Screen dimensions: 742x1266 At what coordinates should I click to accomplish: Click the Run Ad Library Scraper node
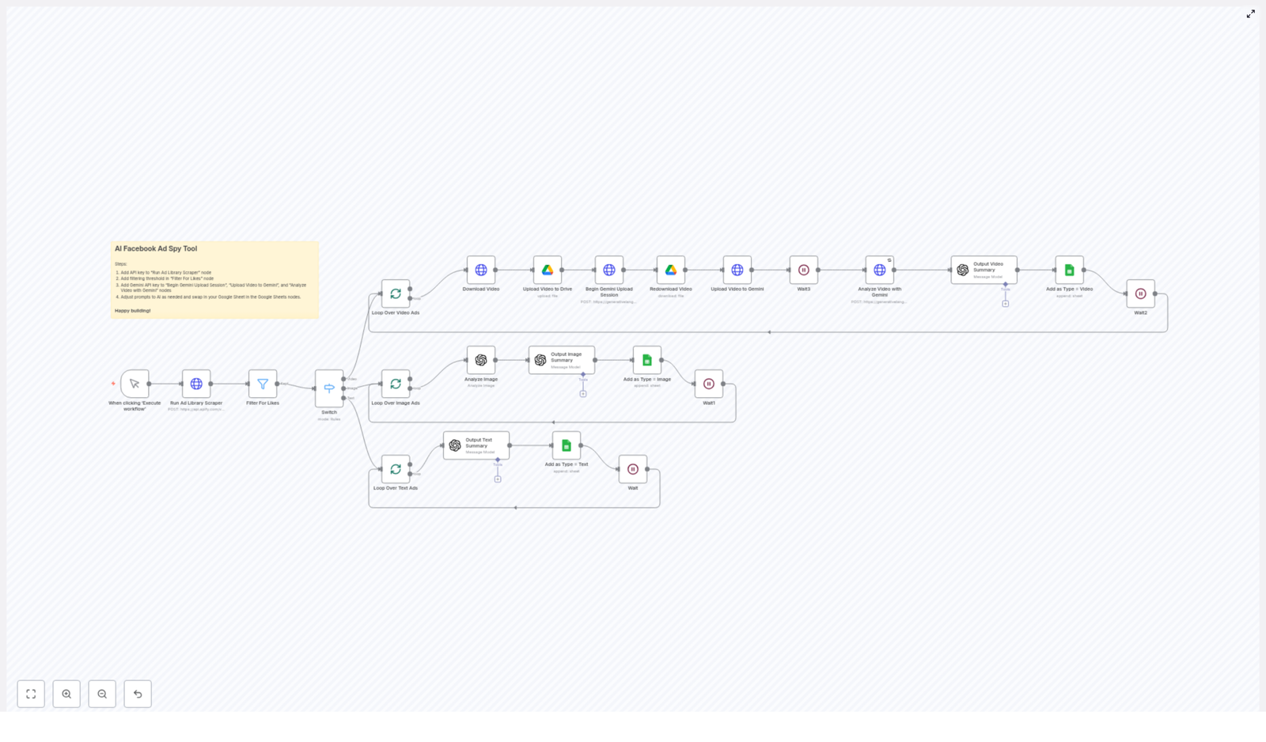click(196, 384)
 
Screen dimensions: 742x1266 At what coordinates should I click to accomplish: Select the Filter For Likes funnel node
click(263, 384)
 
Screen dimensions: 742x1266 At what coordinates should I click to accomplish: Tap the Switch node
click(329, 388)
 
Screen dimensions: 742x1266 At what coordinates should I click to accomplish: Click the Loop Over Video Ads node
click(396, 293)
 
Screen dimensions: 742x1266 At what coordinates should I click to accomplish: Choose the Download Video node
click(481, 270)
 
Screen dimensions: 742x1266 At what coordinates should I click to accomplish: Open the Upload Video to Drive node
click(548, 270)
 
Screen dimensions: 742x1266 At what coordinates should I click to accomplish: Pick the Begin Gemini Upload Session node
click(609, 270)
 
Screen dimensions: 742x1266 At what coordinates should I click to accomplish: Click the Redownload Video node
click(671, 270)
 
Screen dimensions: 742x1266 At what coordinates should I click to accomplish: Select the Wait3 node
click(804, 270)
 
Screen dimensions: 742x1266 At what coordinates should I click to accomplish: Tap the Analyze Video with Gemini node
click(880, 270)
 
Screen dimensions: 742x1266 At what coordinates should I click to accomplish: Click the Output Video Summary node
click(984, 270)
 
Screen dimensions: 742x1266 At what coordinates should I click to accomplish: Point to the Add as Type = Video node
click(1070, 270)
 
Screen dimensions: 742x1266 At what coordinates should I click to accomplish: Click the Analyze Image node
click(481, 360)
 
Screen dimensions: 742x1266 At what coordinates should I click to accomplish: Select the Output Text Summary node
click(476, 445)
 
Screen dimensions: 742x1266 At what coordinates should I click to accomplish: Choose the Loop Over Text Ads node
click(396, 469)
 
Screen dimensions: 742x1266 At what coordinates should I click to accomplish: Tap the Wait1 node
click(709, 384)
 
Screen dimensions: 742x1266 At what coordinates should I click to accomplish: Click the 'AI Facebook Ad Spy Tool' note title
click(156, 248)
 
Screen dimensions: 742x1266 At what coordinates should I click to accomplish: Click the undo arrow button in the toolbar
click(138, 694)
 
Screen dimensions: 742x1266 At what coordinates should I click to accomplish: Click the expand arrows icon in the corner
click(1251, 13)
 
